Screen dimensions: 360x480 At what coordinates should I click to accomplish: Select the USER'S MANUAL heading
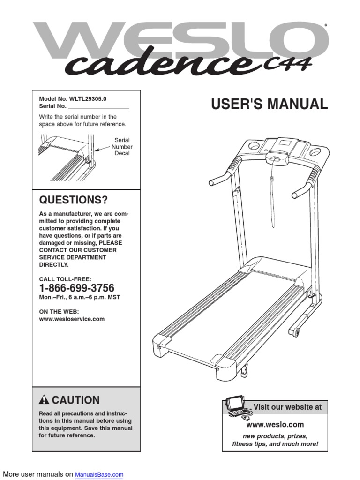pyautogui.click(x=269, y=105)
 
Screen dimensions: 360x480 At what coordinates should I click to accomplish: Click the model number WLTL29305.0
pyautogui.click(x=87, y=99)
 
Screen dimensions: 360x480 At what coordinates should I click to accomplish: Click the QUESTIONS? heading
pyautogui.click(x=73, y=201)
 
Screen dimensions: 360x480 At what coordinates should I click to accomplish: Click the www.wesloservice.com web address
pyautogui.click(x=72, y=319)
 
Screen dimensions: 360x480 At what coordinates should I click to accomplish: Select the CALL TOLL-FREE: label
pyautogui.click(x=65, y=279)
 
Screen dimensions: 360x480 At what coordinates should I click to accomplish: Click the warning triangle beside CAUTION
pyautogui.click(x=44, y=400)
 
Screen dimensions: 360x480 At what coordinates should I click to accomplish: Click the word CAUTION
pyautogui.click(x=75, y=400)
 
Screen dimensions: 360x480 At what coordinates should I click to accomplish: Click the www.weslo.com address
pyautogui.click(x=275, y=425)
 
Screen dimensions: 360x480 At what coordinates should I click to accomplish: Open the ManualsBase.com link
pyautogui.click(x=99, y=474)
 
